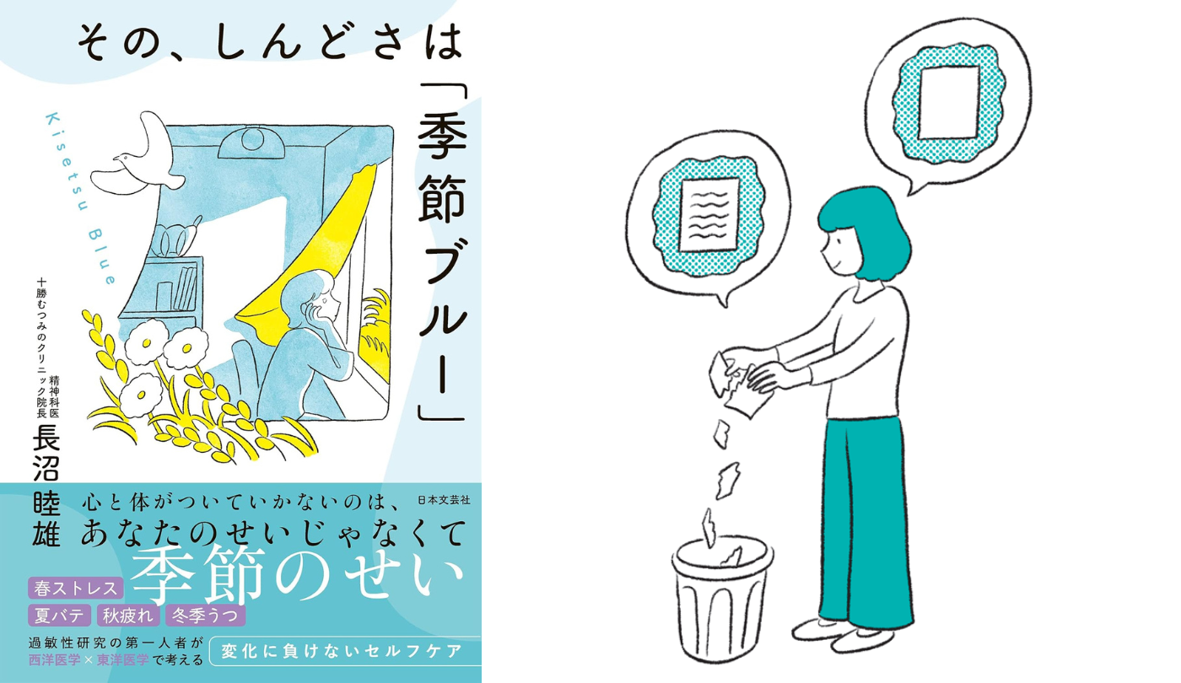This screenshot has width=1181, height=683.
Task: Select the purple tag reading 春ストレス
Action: click(x=76, y=589)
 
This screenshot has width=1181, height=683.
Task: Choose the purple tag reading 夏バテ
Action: click(x=59, y=615)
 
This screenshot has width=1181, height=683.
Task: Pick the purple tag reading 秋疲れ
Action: click(x=128, y=615)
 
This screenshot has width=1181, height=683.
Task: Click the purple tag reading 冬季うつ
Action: click(x=205, y=615)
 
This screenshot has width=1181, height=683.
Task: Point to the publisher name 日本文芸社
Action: click(x=444, y=500)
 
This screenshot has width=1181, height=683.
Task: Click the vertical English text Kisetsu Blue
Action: click(x=79, y=197)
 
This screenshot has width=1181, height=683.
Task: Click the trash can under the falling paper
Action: click(x=721, y=598)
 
